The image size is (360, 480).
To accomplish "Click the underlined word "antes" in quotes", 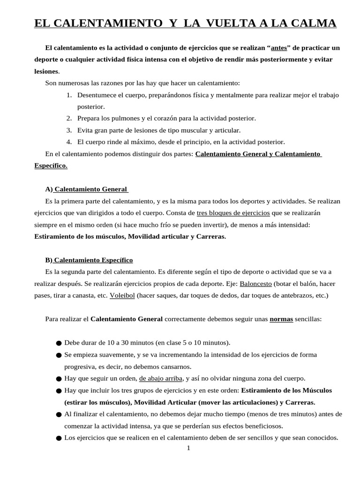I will click(280, 48).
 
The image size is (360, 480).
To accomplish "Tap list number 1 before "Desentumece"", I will click(68, 95).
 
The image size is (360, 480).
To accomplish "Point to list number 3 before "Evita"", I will click(68, 130).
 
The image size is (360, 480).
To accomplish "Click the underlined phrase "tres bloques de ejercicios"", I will click(233, 213).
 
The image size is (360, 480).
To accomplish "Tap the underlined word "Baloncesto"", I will click(256, 284).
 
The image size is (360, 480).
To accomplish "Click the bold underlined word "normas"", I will click(281, 319).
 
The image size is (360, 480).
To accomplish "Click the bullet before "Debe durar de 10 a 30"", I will click(59, 343).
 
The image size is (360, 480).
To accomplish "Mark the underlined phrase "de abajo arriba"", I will click(161, 378).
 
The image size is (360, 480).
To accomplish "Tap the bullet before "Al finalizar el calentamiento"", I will click(59, 414).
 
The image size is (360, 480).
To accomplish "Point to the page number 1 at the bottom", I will click(188, 448).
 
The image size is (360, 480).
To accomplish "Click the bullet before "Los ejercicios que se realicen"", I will click(59, 438).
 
